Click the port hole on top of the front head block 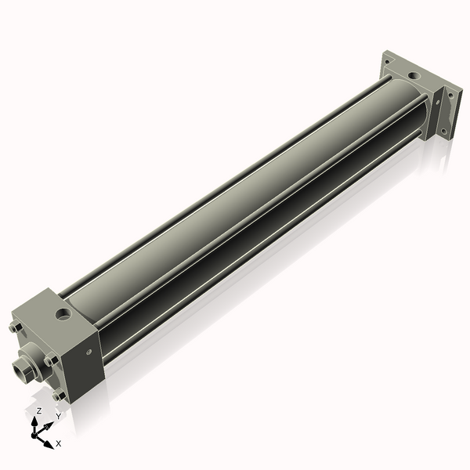pyautogui.click(x=60, y=316)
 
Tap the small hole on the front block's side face pyautogui.click(x=89, y=361)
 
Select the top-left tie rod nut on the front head pyautogui.click(x=16, y=328)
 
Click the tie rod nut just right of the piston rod pyautogui.click(x=50, y=360)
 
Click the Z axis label pyautogui.click(x=38, y=410)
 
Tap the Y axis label pyautogui.click(x=57, y=418)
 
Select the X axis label pyautogui.click(x=59, y=443)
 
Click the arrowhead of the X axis pyautogui.click(x=49, y=441)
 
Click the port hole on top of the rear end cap pyautogui.click(x=414, y=76)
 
